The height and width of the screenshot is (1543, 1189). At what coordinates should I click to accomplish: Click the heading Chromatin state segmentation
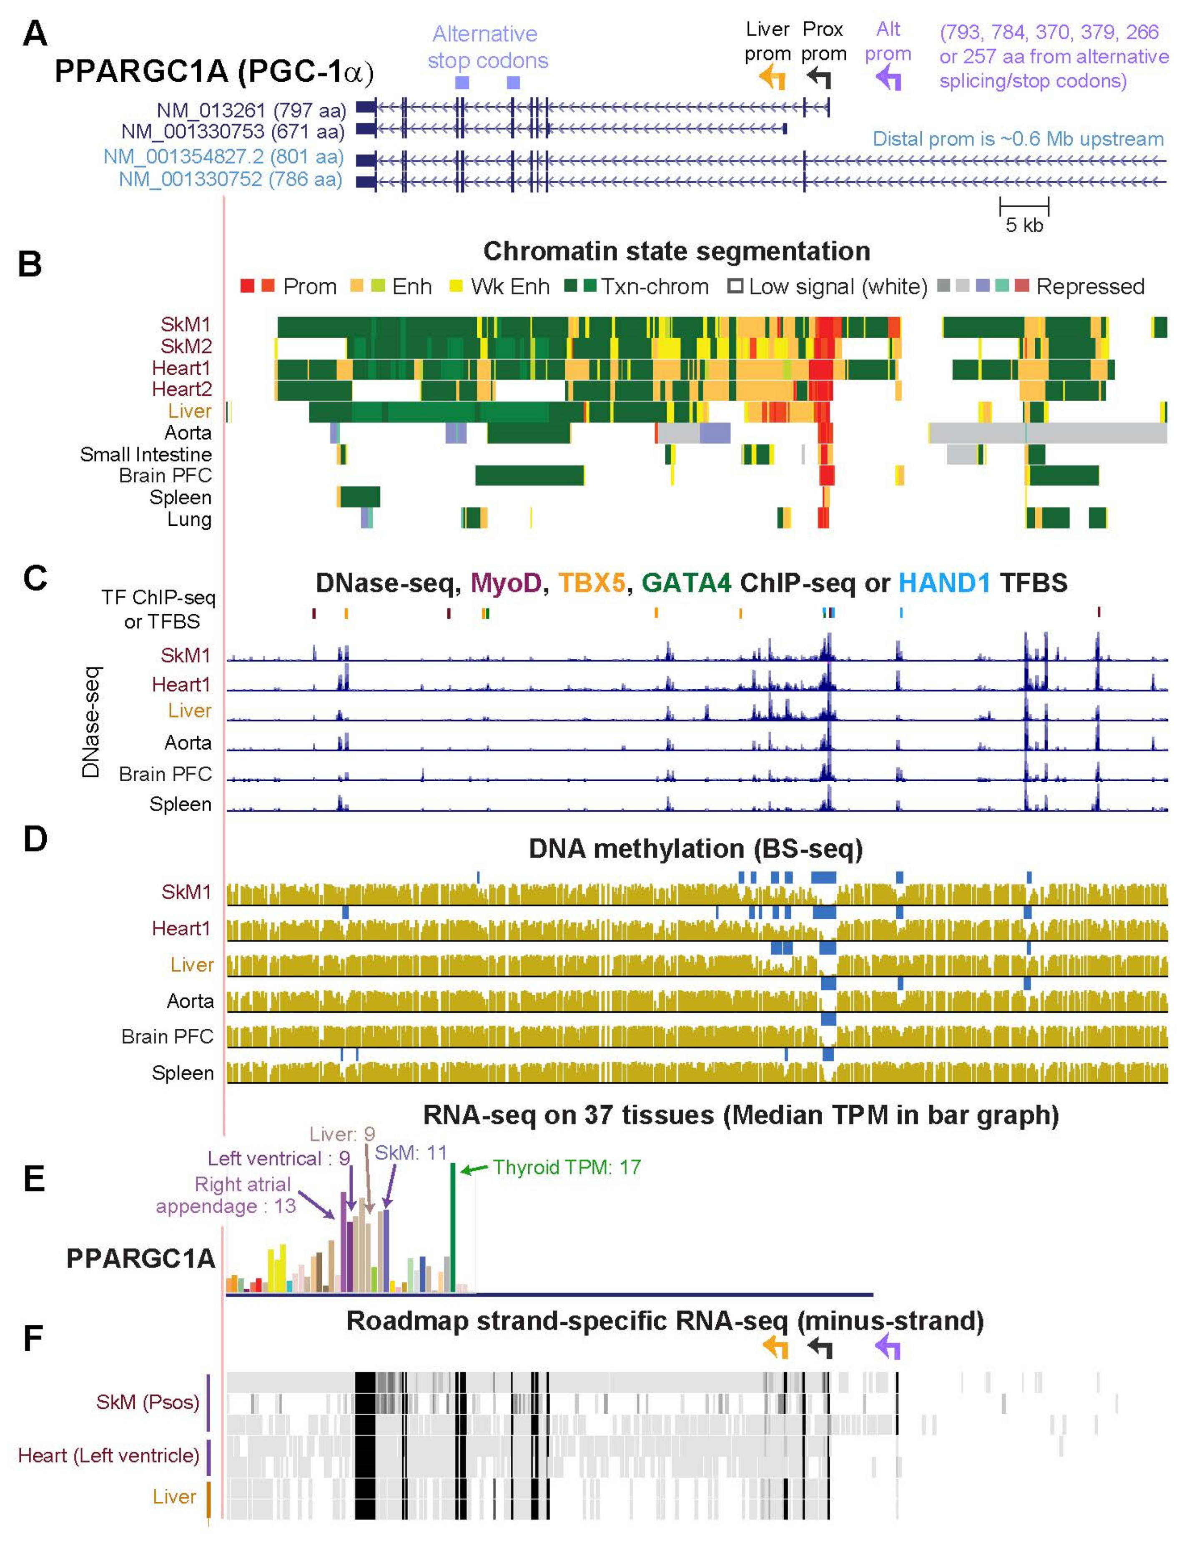tap(676, 251)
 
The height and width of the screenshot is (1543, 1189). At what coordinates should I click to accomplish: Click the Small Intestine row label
tap(145, 454)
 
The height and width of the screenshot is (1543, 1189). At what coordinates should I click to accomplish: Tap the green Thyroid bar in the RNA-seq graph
tap(453, 1227)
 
